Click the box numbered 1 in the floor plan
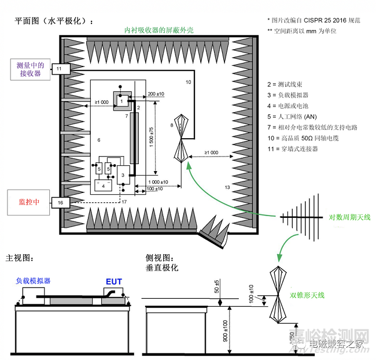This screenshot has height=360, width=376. point(121,101)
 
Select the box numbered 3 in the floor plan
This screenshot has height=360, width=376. point(123,175)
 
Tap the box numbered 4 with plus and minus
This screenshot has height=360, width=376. point(104,186)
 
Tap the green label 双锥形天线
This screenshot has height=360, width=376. point(307,295)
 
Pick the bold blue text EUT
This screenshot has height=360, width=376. point(113,282)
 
